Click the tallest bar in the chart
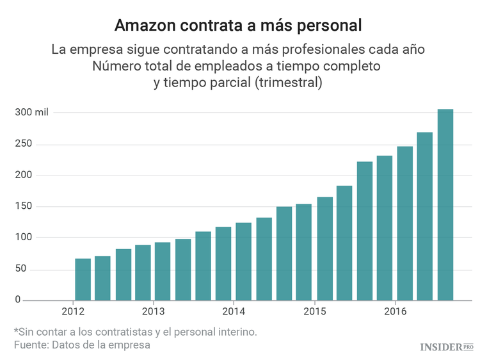tap(445, 204)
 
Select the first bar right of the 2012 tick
tap(83, 279)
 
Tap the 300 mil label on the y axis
tap(32, 112)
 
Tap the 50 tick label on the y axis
tap(21, 268)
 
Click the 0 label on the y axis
tap(19, 300)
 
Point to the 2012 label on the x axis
tap(73, 311)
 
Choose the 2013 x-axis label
tap(154, 311)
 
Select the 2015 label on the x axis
tap(315, 311)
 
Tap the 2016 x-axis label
tap(396, 311)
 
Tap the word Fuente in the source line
tap(32, 345)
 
